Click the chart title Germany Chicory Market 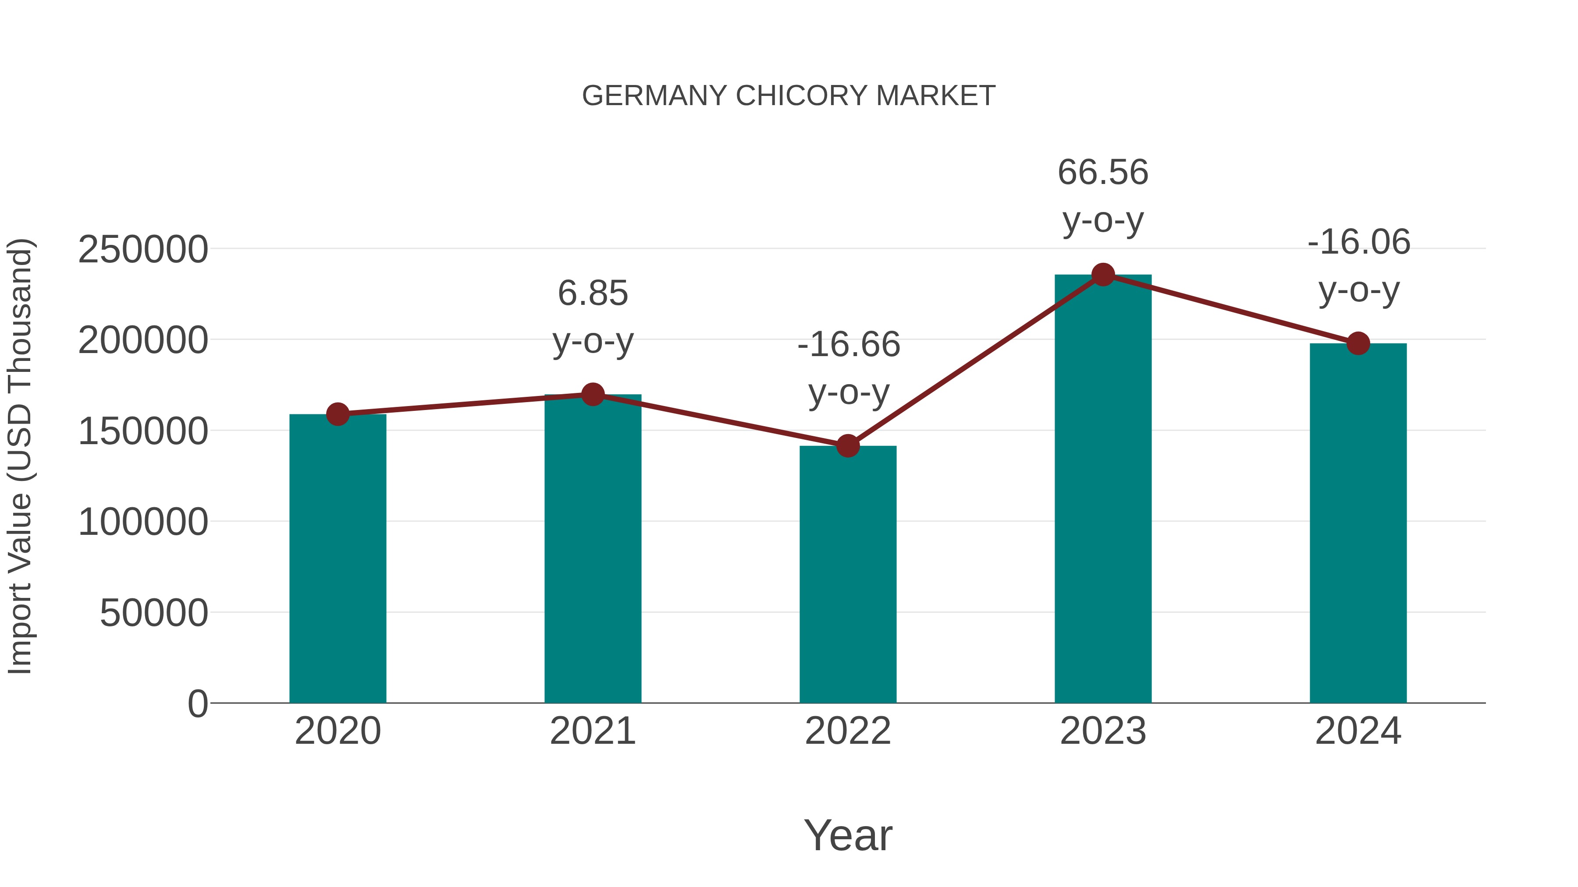[789, 96]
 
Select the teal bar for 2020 [338, 558]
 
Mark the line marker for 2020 [338, 414]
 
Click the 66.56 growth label [1103, 172]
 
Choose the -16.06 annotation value [1359, 242]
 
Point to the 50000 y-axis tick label [154, 613]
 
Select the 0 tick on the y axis [197, 703]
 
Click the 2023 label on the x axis [1103, 731]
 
